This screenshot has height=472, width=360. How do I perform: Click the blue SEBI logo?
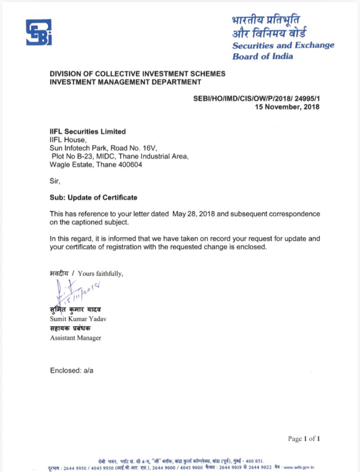coord(39,32)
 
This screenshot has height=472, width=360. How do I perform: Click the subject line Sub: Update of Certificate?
coord(93,197)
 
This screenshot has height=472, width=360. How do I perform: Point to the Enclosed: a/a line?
coord(72,371)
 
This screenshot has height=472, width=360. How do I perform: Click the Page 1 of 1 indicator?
coord(304,439)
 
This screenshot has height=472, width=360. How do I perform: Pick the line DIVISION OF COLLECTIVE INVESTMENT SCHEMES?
coord(138,74)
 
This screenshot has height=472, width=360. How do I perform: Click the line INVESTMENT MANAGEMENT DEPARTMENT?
coord(126,82)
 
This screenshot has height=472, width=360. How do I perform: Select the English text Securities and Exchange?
coord(283,45)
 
